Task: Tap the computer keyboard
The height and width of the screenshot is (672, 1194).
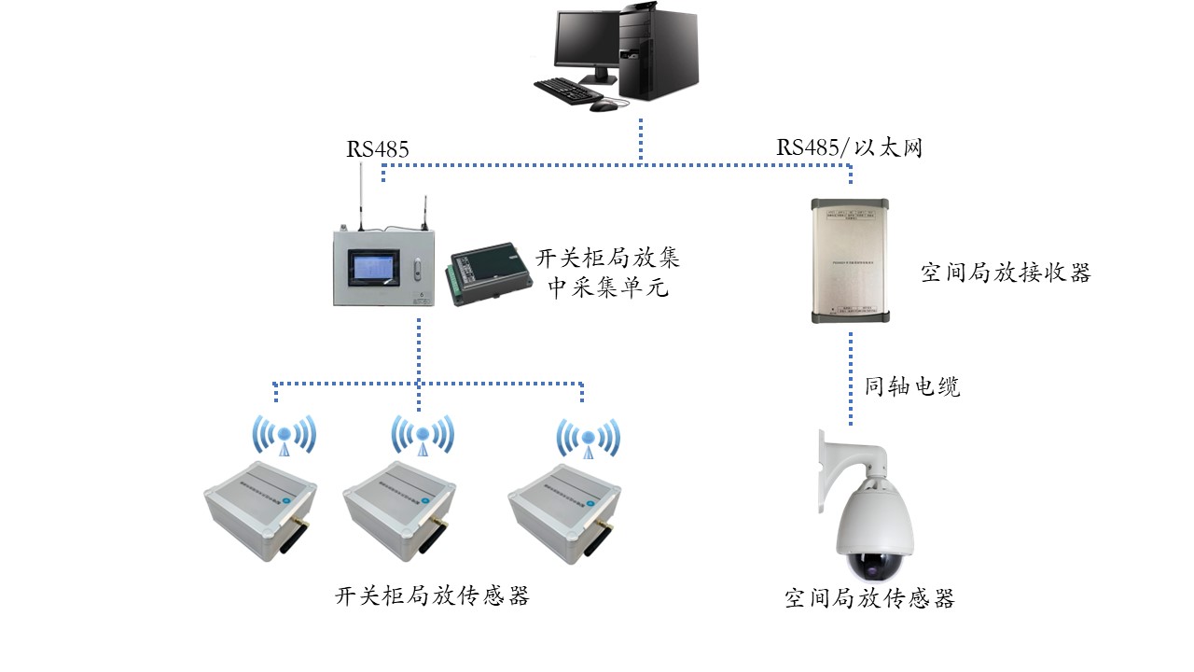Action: [570, 91]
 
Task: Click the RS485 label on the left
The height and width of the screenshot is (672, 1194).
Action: [378, 148]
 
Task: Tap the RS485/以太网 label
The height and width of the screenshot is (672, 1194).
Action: [849, 147]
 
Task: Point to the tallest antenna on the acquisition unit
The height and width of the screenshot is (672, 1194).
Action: [361, 195]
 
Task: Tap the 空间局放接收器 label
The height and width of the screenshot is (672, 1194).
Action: [1006, 273]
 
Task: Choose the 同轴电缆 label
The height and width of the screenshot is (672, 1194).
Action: [912, 386]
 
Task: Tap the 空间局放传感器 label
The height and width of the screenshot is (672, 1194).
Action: [870, 598]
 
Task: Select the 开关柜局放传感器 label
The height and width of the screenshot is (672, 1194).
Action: [432, 595]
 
